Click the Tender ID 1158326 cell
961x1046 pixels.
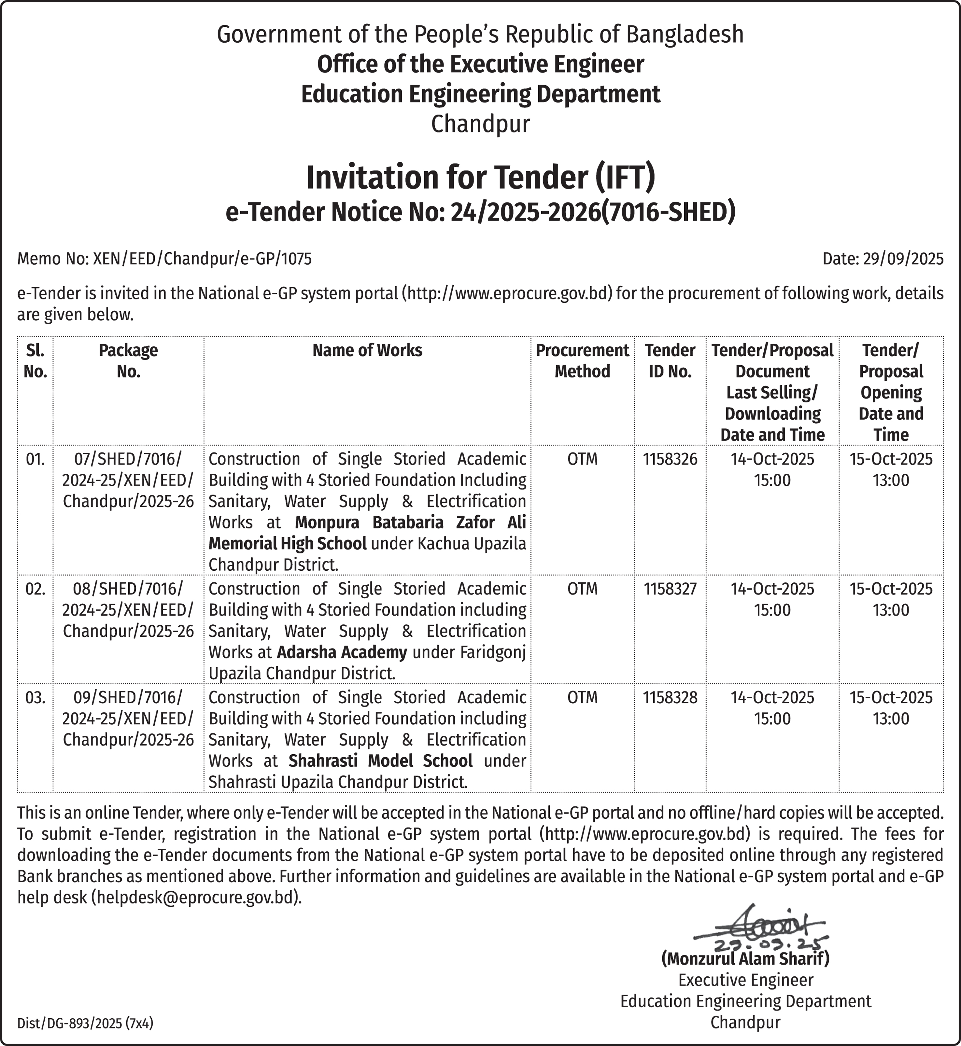click(x=670, y=459)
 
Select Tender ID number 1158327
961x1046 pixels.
click(x=670, y=589)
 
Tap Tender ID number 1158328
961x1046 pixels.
click(x=670, y=698)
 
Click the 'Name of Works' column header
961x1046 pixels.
click(x=367, y=350)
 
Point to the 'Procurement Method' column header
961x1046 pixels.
click(x=582, y=361)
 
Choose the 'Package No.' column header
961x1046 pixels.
click(x=128, y=361)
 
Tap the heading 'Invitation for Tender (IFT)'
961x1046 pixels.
click(x=481, y=177)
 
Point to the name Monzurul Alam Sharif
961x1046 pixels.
click(x=745, y=958)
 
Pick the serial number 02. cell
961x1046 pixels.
click(x=35, y=589)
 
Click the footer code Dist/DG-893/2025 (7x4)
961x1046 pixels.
click(x=85, y=1024)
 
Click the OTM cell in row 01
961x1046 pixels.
click(x=582, y=459)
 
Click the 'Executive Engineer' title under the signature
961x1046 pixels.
click(x=745, y=980)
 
